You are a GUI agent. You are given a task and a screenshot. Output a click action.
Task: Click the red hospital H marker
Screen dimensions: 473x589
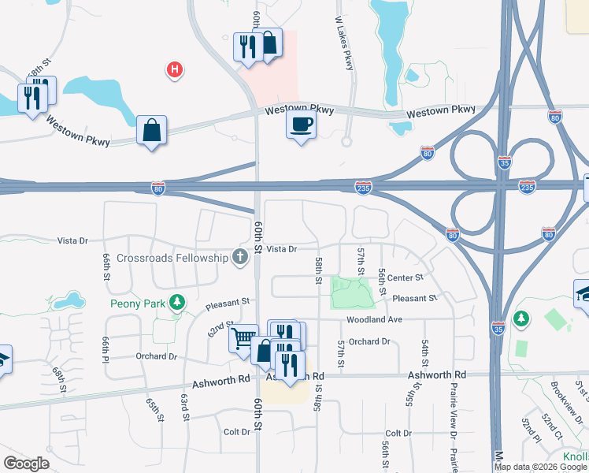pos(175,71)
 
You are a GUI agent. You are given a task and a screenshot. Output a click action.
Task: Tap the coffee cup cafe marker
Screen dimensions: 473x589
pos(302,124)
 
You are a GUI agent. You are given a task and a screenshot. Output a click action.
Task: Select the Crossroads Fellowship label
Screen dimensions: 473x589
pos(172,258)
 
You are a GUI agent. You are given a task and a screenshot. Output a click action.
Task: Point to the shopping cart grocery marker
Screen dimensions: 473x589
pos(243,338)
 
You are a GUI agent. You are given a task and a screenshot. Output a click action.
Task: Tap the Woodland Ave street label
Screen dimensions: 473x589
pos(374,319)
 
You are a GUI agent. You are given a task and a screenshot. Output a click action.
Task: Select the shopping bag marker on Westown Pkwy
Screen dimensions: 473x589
pos(151,130)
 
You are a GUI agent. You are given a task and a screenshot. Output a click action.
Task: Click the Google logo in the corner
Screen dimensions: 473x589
pos(26,464)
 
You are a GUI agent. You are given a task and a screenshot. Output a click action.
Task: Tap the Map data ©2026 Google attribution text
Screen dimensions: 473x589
pos(539,467)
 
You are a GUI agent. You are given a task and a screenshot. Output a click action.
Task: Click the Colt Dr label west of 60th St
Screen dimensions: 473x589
pos(236,431)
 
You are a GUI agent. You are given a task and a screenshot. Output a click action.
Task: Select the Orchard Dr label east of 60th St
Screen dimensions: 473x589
pos(369,341)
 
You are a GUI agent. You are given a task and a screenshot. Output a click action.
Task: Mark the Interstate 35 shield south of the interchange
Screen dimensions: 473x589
pos(498,329)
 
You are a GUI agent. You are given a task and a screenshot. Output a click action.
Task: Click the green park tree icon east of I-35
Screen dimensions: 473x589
pos(520,318)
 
